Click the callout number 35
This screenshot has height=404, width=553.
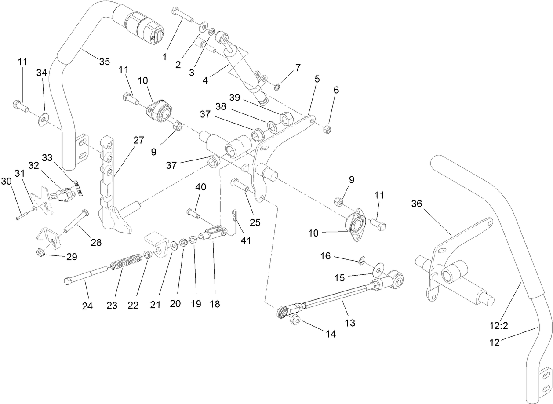(x=104, y=62)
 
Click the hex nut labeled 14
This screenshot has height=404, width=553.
(x=295, y=320)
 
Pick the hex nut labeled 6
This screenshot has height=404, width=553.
(x=327, y=129)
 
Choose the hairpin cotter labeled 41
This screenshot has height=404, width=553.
(x=235, y=217)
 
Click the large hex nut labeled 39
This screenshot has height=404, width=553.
(x=284, y=116)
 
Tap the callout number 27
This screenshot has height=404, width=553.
(x=138, y=141)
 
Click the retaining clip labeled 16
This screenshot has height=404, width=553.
(x=361, y=262)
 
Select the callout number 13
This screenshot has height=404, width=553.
(x=350, y=323)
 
